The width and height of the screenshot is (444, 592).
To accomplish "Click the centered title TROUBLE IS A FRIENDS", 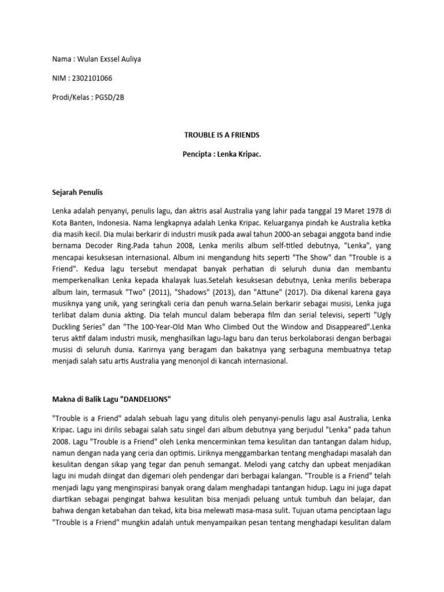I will pyautogui.click(x=221, y=135).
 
